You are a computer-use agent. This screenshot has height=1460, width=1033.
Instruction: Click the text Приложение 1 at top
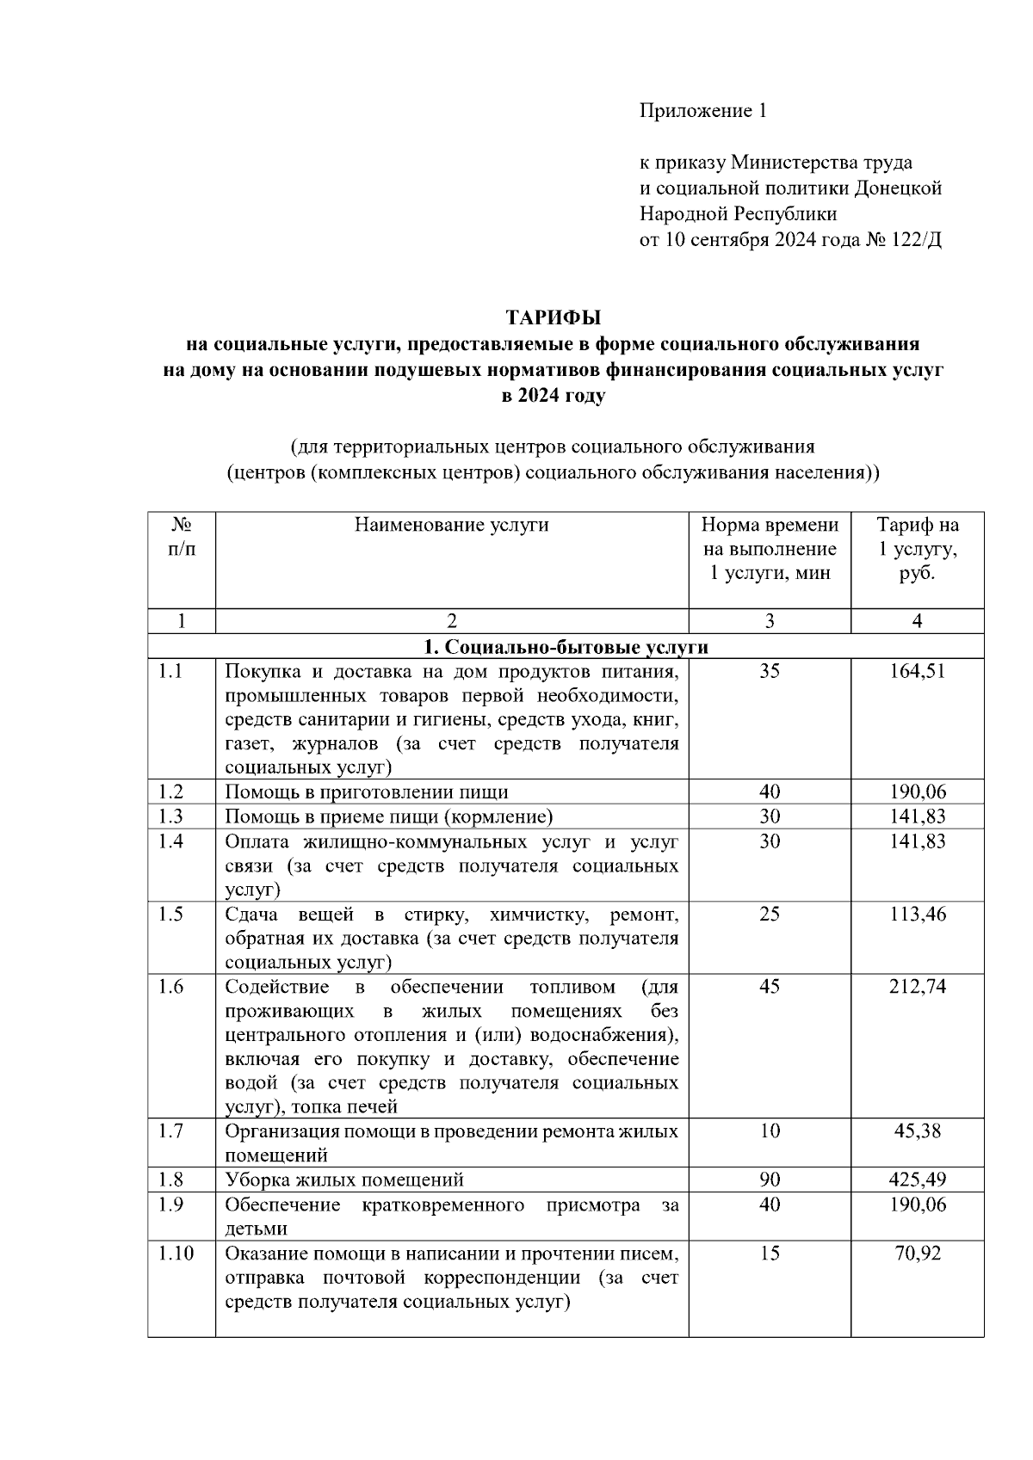702,111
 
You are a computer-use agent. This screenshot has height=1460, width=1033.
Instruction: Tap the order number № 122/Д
904,239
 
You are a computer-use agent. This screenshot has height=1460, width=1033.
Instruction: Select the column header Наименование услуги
451,525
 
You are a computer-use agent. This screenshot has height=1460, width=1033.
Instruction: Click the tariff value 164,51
917,671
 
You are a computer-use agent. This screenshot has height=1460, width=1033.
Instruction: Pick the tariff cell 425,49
917,1180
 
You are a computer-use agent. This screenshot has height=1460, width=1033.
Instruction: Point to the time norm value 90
770,1180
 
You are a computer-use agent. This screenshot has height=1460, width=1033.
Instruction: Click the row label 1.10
176,1253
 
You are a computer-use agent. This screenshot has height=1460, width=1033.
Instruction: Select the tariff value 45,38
917,1130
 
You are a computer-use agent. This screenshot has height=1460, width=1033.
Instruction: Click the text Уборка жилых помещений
344,1180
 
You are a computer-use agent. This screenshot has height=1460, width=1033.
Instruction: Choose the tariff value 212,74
917,986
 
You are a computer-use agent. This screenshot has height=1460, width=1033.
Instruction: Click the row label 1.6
171,986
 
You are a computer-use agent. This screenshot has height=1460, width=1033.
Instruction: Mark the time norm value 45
770,986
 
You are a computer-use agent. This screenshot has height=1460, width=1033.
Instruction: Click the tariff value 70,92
917,1253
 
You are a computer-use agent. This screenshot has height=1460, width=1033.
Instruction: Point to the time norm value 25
770,914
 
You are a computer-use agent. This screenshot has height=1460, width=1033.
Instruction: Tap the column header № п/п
182,537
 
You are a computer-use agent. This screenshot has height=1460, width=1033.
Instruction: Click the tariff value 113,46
917,914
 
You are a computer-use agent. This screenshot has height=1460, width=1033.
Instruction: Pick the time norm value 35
770,671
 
